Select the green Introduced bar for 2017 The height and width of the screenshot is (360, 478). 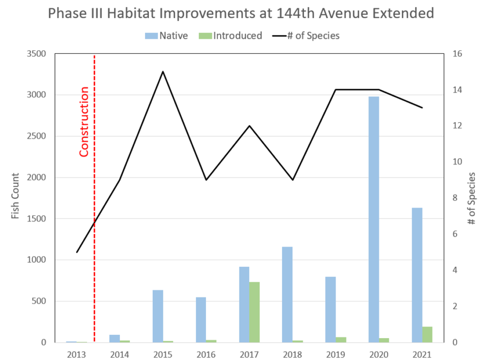coord(254,312)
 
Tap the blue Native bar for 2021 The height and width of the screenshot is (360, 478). coord(417,275)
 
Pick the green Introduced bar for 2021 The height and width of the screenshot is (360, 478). coord(427,334)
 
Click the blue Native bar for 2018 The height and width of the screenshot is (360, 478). coord(287,294)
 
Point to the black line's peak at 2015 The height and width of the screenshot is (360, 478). coord(163,71)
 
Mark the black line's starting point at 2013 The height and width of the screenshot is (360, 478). coord(77,252)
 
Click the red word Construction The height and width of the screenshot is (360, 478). coord(84,121)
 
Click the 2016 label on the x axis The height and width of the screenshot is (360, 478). coord(206,354)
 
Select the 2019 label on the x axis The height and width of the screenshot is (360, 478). coord(336,354)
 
